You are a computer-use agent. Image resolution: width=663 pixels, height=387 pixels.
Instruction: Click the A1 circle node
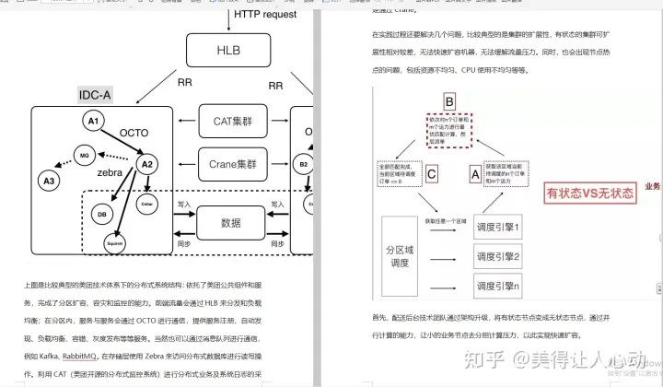pyautogui.click(x=92, y=122)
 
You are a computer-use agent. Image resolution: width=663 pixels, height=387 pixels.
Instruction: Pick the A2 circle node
pyautogui.click(x=145, y=163)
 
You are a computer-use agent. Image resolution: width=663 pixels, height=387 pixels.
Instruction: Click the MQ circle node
pyautogui.click(x=84, y=154)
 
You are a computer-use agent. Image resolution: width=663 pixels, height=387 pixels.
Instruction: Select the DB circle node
pyautogui.click(x=102, y=215)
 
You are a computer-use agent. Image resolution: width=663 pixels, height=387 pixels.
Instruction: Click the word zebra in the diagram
pyautogui.click(x=111, y=172)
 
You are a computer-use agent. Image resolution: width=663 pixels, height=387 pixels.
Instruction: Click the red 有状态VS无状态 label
pyautogui.click(x=589, y=193)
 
